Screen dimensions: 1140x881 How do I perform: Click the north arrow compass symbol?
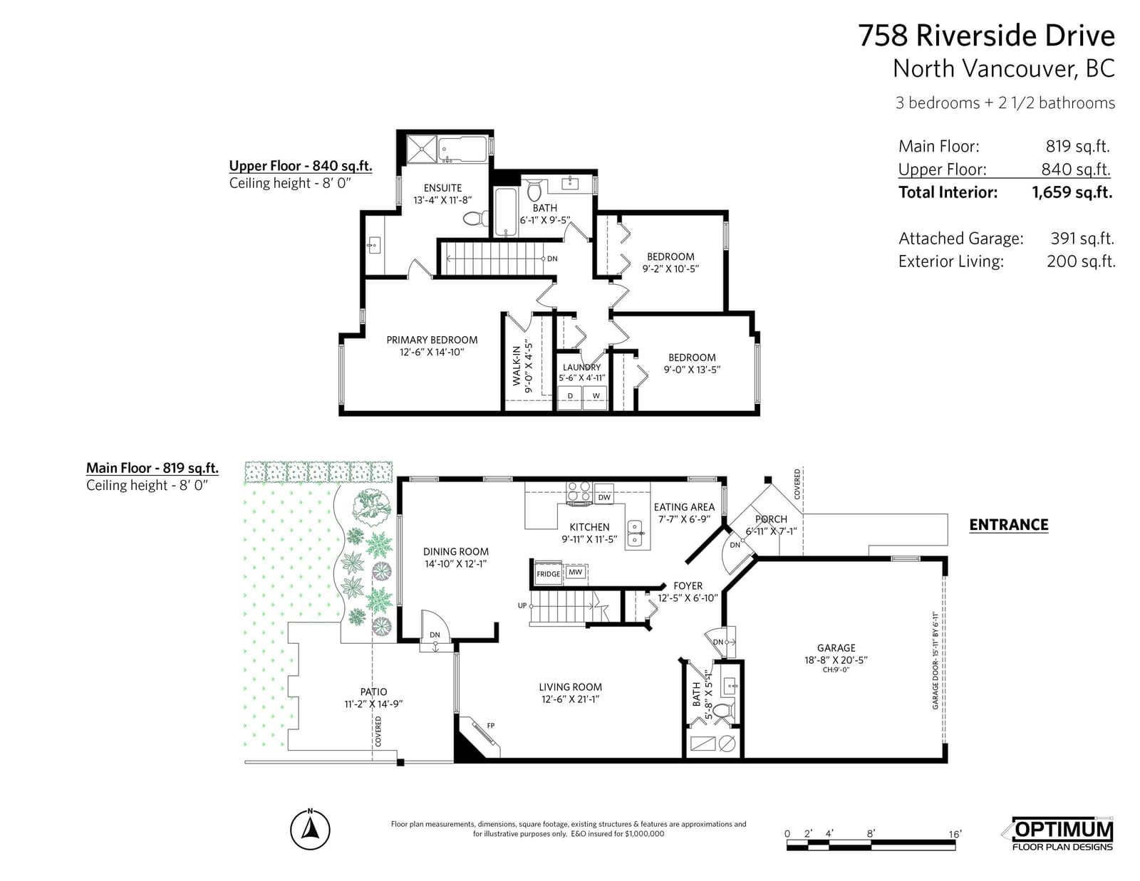click(310, 829)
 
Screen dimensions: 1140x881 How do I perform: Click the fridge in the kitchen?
click(548, 573)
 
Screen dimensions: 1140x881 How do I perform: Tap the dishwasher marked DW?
click(604, 496)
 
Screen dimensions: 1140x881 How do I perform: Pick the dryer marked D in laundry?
click(570, 397)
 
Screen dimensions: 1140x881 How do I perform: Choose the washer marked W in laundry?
click(596, 397)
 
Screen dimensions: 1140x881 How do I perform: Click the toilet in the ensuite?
click(476, 218)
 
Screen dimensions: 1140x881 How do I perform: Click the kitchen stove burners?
click(579, 492)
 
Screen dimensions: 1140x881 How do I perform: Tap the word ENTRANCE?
click(1008, 524)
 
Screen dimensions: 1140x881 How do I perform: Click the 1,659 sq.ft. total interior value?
click(1072, 192)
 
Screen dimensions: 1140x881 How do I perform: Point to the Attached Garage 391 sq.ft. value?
click(1082, 239)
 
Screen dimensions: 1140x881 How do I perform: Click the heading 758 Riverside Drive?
click(986, 36)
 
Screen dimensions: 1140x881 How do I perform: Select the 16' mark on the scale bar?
click(955, 834)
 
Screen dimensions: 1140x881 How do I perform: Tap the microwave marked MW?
click(575, 572)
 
